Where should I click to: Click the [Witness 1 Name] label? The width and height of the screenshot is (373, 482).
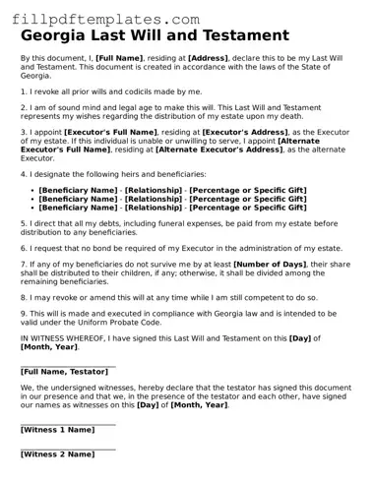pos(57,430)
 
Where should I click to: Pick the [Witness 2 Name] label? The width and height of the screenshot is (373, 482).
pos(57,454)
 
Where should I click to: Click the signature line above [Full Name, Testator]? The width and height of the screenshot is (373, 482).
pos(67,365)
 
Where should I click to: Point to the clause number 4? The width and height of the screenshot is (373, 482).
pos(23,173)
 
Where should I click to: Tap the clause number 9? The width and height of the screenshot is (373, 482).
pos(23,313)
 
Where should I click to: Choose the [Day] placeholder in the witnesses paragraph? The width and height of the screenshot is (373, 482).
pos(148,404)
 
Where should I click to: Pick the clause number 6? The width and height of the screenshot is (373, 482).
pos(23,247)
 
